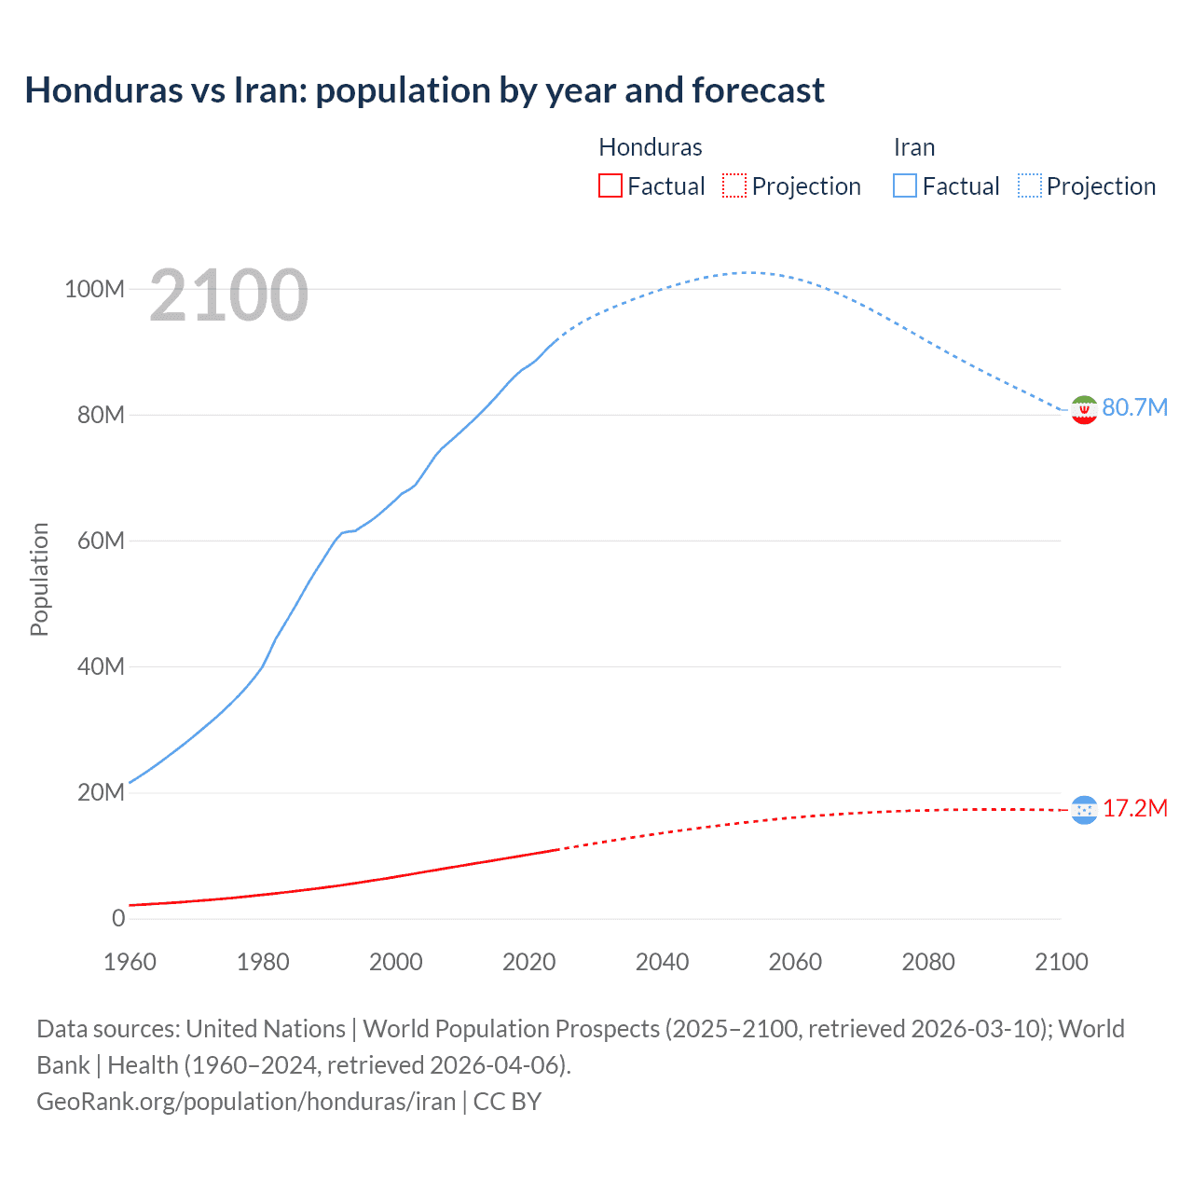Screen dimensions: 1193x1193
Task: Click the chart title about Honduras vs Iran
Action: (424, 90)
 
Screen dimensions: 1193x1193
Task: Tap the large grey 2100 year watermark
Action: (228, 295)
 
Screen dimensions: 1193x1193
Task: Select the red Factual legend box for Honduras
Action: (610, 186)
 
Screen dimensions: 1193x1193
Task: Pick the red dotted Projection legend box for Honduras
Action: (734, 186)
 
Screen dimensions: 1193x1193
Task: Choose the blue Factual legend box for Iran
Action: (904, 186)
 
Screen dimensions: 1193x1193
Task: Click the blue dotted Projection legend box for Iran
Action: (1029, 186)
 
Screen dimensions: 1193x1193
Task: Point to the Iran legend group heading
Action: (913, 147)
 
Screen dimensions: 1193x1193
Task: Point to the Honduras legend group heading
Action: (650, 147)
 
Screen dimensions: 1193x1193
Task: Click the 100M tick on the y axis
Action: (94, 289)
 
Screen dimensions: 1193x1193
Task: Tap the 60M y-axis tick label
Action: (100, 541)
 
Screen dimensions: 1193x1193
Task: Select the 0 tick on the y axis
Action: (117, 918)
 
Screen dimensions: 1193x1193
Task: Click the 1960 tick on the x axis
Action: (130, 962)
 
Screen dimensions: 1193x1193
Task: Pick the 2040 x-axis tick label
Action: (662, 962)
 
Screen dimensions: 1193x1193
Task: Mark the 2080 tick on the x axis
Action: (928, 962)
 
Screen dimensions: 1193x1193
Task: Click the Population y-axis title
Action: (39, 579)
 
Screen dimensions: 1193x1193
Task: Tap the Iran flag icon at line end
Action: (1084, 409)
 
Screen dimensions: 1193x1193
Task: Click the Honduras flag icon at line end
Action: (1084, 810)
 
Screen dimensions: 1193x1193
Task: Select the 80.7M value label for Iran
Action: (1134, 408)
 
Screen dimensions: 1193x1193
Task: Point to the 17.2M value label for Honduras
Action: (1134, 808)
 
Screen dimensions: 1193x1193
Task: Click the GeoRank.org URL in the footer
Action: (246, 1102)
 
